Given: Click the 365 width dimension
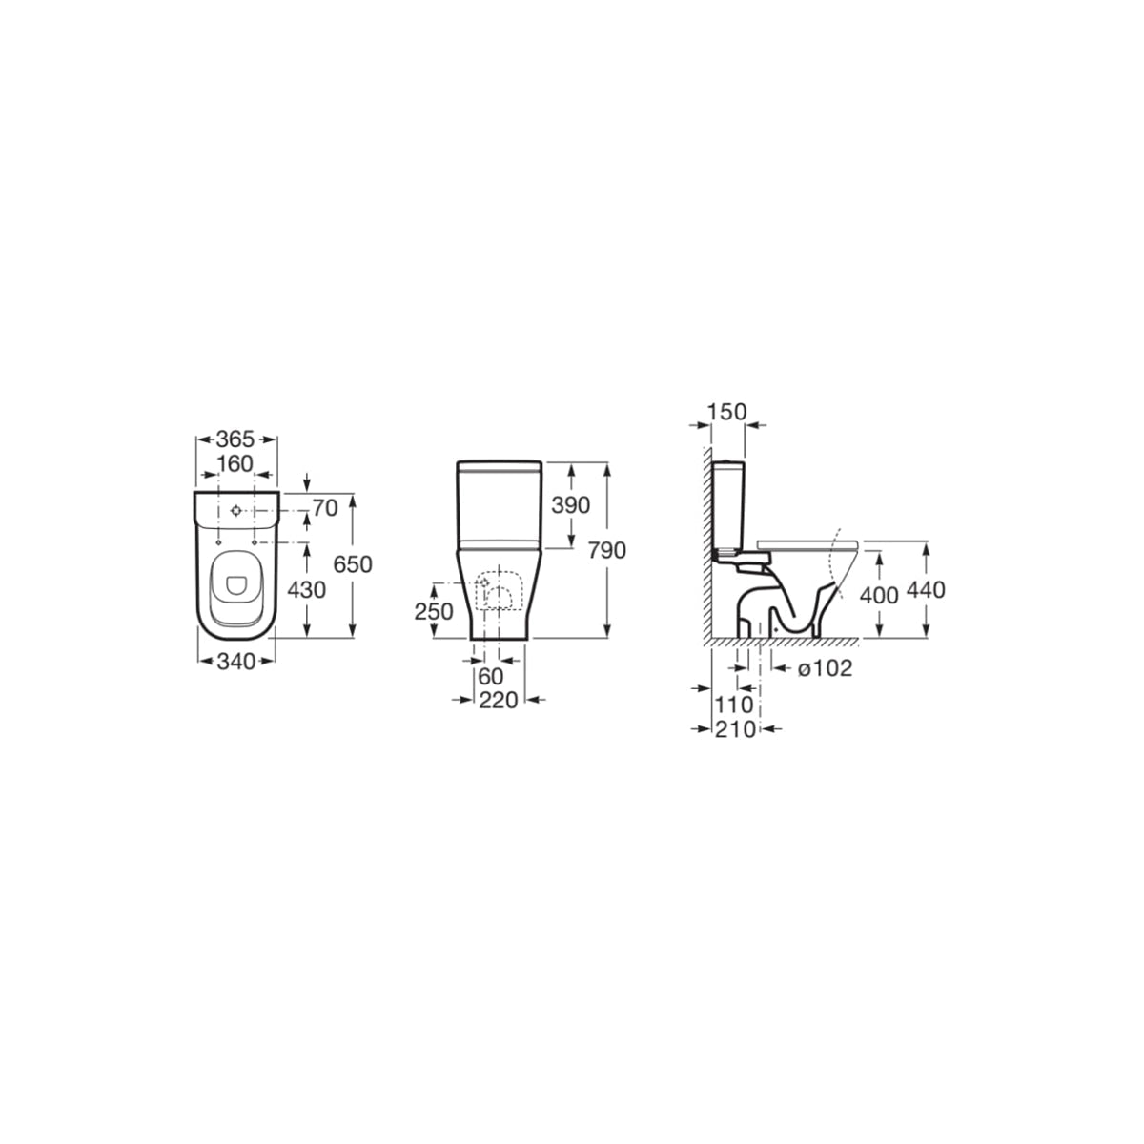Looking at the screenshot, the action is [x=235, y=439].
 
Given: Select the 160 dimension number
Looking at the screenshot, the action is [x=235, y=463].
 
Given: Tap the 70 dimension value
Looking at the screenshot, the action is [x=325, y=508].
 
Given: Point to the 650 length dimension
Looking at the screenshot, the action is [x=353, y=564].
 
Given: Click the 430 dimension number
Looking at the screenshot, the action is [x=306, y=590].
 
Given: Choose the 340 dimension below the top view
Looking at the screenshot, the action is [x=236, y=662].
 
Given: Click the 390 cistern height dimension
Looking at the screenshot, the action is [x=570, y=505].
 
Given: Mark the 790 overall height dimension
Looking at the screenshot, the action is [x=607, y=551].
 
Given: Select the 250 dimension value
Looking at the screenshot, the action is [x=434, y=611].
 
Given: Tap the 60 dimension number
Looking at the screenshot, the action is [x=490, y=676].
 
